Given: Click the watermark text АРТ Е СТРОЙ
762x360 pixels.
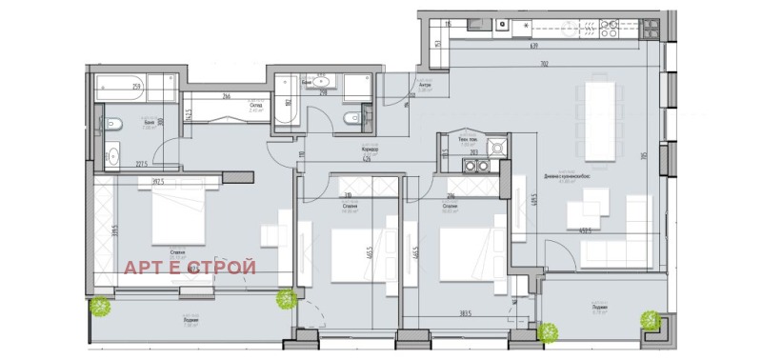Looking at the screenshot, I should [x=190, y=267].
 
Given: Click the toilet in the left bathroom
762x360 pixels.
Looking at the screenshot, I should [x=110, y=122].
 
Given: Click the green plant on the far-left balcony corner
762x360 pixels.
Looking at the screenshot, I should [x=100, y=307].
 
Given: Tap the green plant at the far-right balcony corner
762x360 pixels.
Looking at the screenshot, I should [x=650, y=320].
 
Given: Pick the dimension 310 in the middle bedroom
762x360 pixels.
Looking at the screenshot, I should [x=350, y=193].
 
